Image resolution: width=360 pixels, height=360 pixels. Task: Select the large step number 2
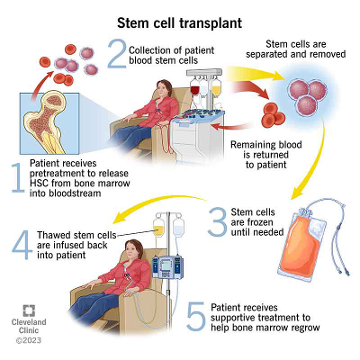coord(114,54)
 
